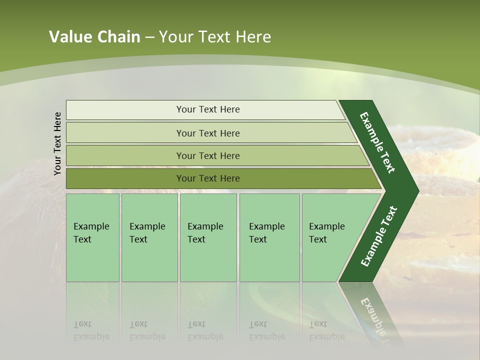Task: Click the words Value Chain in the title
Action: point(94,37)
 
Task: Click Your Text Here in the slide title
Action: point(215,37)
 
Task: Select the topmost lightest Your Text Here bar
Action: point(207,109)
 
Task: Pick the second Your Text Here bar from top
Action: point(207,133)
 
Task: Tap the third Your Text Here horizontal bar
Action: point(207,155)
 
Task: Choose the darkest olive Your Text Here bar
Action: point(207,178)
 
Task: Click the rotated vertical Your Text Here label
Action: point(57,143)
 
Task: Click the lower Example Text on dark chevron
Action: point(379,236)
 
